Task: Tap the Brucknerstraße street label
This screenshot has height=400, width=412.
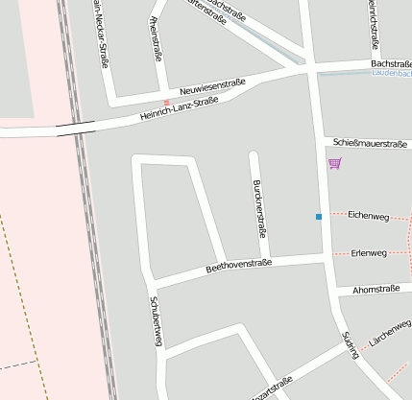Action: click(257, 207)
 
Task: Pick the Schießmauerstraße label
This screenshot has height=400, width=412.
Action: click(370, 143)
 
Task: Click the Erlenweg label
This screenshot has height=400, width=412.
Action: click(369, 253)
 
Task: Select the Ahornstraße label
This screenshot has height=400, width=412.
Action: click(376, 289)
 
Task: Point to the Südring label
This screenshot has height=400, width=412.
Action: click(351, 344)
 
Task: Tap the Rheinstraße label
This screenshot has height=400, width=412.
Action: click(156, 38)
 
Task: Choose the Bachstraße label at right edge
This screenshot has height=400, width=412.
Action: click(391, 62)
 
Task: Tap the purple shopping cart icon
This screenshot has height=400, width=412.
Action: click(334, 163)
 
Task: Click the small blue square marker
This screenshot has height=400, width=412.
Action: click(319, 217)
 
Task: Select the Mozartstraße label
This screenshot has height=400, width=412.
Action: click(271, 389)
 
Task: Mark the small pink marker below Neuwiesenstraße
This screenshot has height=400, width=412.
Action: click(166, 102)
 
